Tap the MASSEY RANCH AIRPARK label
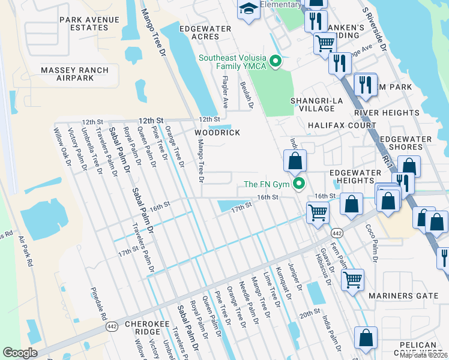click(74, 74)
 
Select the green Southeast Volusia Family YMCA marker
click(276, 61)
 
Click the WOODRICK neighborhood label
click(217, 133)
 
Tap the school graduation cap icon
click(248, 9)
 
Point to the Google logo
click(20, 353)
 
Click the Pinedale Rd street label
click(98, 304)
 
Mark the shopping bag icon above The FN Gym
click(295, 160)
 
